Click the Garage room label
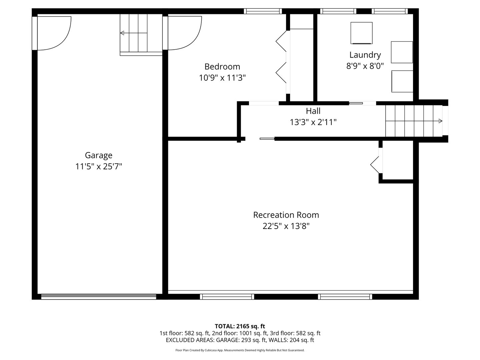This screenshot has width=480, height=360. [x=98, y=155]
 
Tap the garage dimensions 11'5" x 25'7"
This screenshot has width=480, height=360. [x=98, y=166]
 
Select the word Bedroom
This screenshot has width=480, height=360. [x=222, y=67]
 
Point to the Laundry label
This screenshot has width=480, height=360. [x=365, y=55]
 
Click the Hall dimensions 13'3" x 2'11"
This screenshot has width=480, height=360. [x=313, y=122]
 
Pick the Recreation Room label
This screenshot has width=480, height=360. [x=286, y=215]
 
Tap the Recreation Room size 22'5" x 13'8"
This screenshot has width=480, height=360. [x=286, y=226]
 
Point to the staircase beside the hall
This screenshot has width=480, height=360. [x=413, y=121]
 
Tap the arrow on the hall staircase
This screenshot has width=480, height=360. [x=440, y=121]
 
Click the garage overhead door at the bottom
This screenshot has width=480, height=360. [x=98, y=296]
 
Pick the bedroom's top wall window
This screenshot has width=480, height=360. [x=263, y=11]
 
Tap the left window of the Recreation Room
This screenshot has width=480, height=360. [x=227, y=296]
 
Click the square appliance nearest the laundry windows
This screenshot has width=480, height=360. [x=361, y=33]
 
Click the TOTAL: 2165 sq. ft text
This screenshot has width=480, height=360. [x=240, y=326]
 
